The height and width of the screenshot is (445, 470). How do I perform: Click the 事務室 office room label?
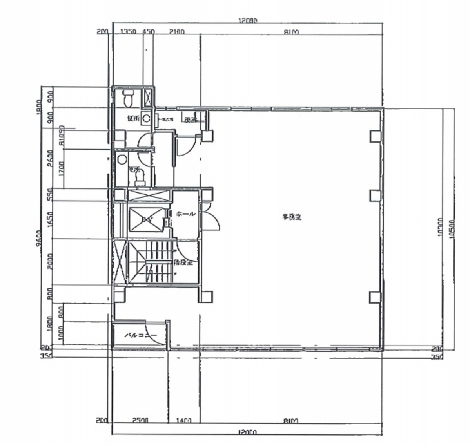pyautogui.click(x=292, y=217)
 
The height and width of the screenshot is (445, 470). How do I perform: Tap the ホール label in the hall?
pyautogui.click(x=186, y=214)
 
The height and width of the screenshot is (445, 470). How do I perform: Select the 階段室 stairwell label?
pyautogui.click(x=183, y=263)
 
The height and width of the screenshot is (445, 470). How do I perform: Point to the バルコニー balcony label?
pyautogui.click(x=141, y=336)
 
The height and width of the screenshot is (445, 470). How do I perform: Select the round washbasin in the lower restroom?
pyautogui.click(x=122, y=159)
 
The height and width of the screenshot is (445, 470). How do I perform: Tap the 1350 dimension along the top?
pyautogui.click(x=128, y=32)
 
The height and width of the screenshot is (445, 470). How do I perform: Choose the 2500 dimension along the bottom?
pyautogui.click(x=140, y=421)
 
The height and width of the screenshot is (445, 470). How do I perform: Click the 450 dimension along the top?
pyautogui.click(x=148, y=32)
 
